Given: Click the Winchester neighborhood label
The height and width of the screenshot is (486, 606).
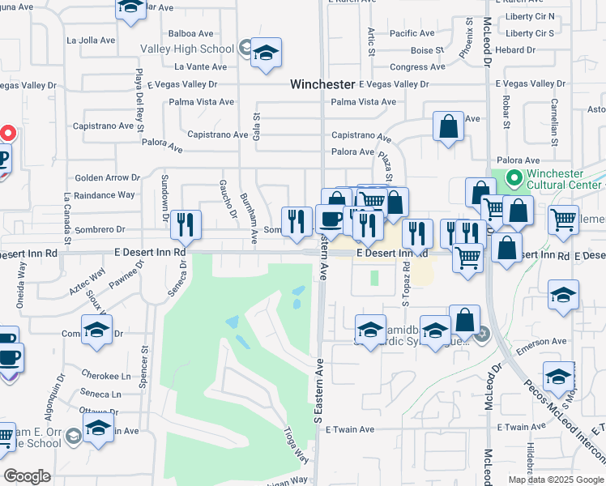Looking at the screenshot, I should [323, 84].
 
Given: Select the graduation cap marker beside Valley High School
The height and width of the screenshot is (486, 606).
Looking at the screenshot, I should [266, 54].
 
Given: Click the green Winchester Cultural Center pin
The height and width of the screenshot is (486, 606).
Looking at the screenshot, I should [512, 177].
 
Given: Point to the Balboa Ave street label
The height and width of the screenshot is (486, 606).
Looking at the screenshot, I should [193, 34].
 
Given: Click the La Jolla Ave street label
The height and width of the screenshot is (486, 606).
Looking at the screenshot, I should [93, 40].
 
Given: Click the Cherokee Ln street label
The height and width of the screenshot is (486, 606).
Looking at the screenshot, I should [106, 376].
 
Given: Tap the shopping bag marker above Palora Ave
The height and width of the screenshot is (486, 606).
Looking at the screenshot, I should [447, 128].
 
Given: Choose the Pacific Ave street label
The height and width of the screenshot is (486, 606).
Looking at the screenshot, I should [413, 34].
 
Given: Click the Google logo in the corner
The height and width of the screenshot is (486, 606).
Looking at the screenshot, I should [28, 476].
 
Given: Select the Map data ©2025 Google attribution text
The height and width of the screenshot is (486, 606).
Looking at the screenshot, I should [555, 480].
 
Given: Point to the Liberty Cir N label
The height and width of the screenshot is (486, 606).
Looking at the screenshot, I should [528, 16].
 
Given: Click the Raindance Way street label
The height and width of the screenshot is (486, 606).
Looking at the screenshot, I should [104, 195].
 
